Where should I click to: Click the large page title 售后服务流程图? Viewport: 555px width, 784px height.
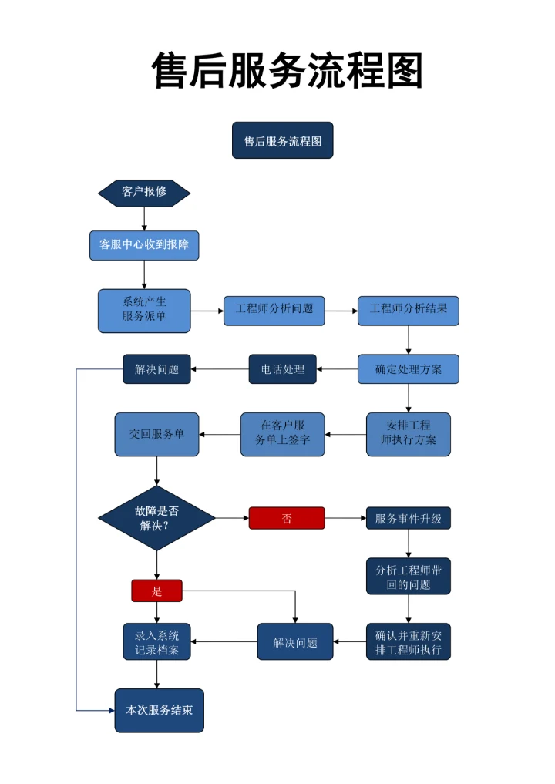[x=287, y=72]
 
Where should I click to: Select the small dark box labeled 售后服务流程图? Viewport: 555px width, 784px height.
[x=282, y=140]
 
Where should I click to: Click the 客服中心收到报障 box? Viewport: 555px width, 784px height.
[x=144, y=245]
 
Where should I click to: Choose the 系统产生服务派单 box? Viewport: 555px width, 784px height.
[x=144, y=311]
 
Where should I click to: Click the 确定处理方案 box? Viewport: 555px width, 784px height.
[x=408, y=369]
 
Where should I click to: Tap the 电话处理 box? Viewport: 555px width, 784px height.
[x=282, y=369]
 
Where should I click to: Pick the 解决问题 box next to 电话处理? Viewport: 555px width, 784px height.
[x=156, y=369]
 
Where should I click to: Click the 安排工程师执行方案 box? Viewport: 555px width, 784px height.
[x=408, y=434]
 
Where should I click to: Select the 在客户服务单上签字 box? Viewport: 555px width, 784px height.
[x=282, y=434]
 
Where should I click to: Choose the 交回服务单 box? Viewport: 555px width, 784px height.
[x=156, y=434]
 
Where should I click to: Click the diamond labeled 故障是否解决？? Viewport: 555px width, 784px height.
[x=156, y=518]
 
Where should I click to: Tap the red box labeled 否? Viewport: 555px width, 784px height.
[x=287, y=518]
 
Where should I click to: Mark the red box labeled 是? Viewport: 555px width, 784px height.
[x=156, y=591]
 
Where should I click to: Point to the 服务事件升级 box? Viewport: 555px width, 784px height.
[x=408, y=518]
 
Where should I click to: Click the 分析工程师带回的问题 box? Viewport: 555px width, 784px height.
[x=408, y=577]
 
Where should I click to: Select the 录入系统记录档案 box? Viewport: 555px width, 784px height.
[x=156, y=641]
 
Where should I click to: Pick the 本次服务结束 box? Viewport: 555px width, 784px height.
[x=159, y=710]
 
